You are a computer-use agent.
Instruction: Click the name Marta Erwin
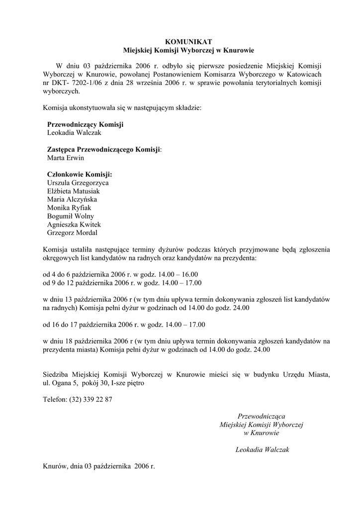pos(66,158)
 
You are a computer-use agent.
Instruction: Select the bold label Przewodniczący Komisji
pos(85,124)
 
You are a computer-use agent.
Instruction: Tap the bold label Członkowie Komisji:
pos(80,174)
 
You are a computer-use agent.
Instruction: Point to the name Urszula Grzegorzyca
pos(78,183)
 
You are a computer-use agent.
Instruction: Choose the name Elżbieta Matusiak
pos(73,191)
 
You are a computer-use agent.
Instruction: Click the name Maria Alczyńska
pos(72,200)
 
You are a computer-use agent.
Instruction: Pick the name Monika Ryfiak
pos(69,208)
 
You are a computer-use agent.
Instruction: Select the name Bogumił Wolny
pos(71,216)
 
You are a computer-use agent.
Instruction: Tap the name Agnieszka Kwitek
pos(74,225)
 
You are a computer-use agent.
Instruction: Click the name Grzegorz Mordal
pos(72,233)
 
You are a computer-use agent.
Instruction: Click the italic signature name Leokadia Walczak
pos(262,450)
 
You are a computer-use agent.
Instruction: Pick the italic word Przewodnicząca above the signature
pos(262,416)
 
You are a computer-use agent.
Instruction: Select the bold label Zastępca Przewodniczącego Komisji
pos(104,150)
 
